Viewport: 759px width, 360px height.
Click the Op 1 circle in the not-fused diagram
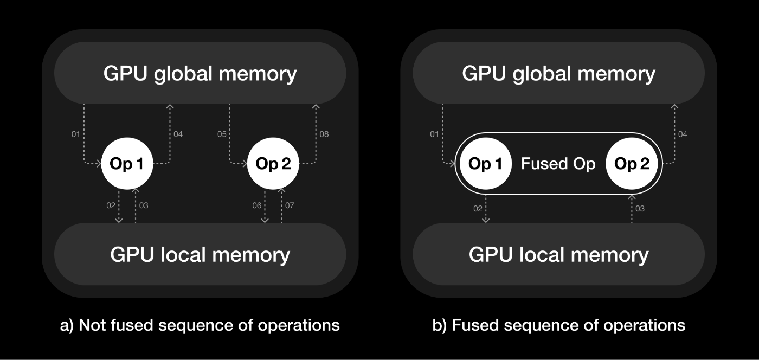coord(127,164)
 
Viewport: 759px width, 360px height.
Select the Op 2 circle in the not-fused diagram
coord(273,164)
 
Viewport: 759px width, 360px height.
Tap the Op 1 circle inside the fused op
coord(485,164)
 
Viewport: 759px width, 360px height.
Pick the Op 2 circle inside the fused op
coord(632,164)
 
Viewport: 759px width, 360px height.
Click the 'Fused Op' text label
coord(558,164)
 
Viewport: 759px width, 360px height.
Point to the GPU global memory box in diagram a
coord(200,73)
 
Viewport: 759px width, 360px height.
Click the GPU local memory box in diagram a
coord(200,254)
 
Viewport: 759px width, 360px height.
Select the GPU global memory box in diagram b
coord(558,73)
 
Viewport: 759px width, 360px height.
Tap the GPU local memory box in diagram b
coord(558,254)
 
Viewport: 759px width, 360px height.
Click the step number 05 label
coord(221,134)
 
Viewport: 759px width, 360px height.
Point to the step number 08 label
coord(324,134)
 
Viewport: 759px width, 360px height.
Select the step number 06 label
coord(257,205)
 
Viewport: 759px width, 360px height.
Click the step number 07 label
coord(290,205)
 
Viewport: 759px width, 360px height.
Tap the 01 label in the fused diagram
coord(434,134)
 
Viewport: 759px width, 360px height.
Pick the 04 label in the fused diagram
coord(683,134)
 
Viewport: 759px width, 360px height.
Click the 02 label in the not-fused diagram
coord(111,205)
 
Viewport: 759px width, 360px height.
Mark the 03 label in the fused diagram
coord(640,209)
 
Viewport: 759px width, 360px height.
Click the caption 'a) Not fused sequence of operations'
coord(200,325)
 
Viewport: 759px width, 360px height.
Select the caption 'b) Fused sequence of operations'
coord(558,325)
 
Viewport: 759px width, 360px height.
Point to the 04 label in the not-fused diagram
coord(178,134)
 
